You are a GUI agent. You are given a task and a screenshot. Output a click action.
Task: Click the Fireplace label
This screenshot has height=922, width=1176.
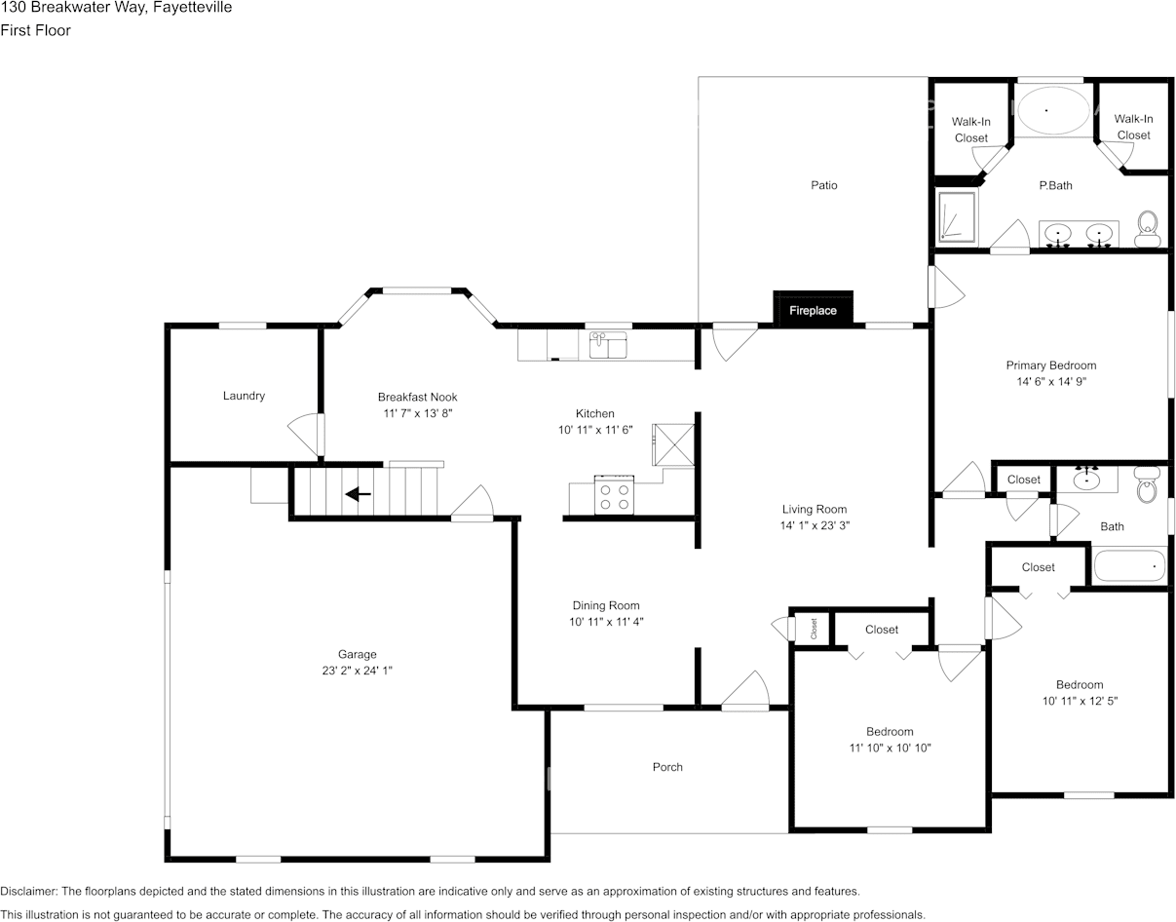click(813, 311)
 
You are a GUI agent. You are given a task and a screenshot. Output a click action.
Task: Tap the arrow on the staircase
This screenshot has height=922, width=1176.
click(358, 494)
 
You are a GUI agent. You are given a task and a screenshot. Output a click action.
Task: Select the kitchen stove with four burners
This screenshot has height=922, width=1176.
click(615, 495)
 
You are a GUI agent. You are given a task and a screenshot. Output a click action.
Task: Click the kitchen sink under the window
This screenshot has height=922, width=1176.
click(609, 344)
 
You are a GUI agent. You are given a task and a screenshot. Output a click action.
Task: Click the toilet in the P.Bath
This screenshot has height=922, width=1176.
click(1148, 230)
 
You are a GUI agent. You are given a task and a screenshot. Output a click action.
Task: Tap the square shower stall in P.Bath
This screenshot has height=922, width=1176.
click(956, 216)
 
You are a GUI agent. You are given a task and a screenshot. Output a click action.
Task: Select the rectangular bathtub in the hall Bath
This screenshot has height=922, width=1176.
click(1128, 566)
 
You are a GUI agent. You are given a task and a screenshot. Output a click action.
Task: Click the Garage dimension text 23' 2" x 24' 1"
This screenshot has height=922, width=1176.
click(358, 671)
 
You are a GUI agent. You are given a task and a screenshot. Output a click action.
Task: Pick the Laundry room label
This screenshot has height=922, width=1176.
click(244, 396)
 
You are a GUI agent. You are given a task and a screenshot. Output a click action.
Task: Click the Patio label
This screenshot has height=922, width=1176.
click(823, 185)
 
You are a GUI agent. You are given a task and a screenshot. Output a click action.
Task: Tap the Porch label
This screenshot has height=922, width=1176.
click(667, 767)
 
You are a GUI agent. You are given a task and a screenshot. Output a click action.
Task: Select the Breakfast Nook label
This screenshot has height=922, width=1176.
click(417, 397)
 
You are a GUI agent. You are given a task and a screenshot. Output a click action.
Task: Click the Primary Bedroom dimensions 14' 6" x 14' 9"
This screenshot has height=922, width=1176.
click(1050, 382)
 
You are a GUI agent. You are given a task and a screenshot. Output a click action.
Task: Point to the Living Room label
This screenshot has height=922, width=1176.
click(814, 509)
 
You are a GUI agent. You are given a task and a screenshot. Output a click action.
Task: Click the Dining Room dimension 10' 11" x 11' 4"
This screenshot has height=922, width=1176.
click(606, 622)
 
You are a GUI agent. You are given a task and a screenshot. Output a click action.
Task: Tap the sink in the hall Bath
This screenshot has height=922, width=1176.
click(1087, 479)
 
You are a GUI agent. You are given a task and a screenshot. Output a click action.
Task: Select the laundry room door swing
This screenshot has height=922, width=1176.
click(305, 434)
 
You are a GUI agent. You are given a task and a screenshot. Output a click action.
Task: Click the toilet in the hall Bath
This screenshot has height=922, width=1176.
click(1148, 483)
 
